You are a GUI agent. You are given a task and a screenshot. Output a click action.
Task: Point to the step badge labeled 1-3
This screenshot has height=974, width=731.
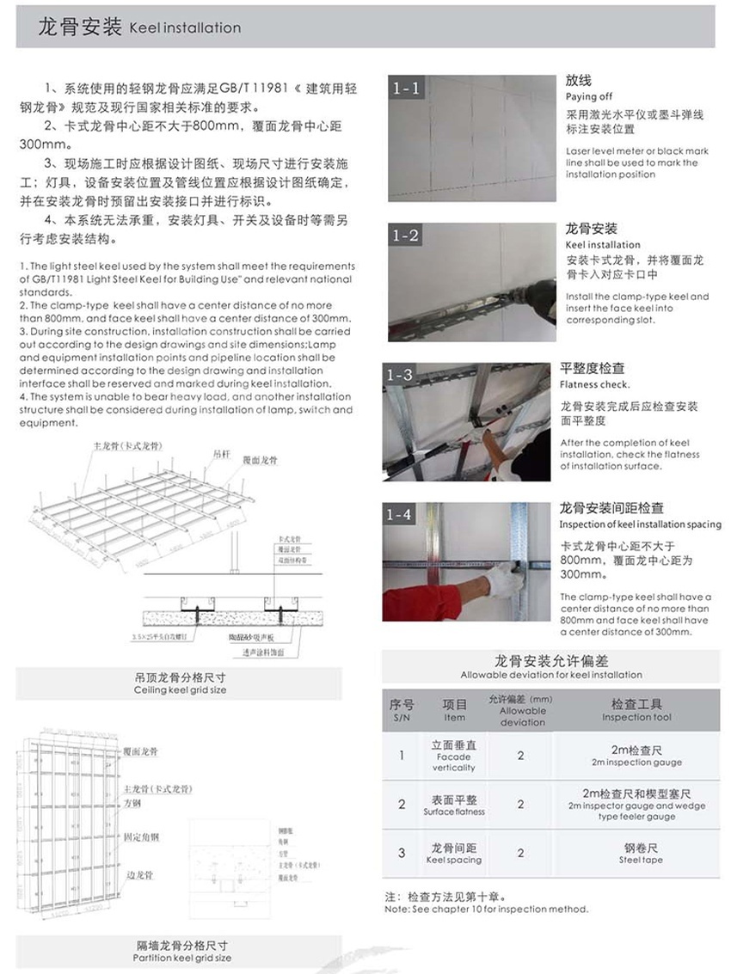coord(400,375)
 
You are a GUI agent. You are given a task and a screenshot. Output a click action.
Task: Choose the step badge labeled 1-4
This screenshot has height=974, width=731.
coord(400,514)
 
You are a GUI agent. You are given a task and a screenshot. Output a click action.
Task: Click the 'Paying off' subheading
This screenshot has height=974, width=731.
coord(589,97)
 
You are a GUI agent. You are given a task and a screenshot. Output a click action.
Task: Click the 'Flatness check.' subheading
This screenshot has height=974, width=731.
coord(594,384)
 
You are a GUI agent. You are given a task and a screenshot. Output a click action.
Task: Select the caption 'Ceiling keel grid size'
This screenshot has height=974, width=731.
coord(181,690)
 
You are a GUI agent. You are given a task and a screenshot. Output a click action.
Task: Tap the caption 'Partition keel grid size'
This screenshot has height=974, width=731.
coord(182,958)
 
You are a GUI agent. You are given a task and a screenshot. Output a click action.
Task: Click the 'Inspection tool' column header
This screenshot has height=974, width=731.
coord(637,717)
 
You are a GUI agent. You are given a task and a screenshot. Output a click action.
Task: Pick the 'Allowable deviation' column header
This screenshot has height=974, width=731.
coord(522,716)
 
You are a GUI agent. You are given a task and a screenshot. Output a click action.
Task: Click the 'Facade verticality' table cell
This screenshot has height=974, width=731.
coord(453,762)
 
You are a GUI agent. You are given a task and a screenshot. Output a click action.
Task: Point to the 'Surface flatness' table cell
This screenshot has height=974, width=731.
coord(453,812)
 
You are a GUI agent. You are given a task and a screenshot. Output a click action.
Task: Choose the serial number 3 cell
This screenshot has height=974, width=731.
coord(402,853)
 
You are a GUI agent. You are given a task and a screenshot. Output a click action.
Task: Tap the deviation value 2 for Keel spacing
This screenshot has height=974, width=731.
coord(520,853)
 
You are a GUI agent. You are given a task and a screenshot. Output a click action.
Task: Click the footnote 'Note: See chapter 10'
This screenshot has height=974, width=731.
coord(486,909)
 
